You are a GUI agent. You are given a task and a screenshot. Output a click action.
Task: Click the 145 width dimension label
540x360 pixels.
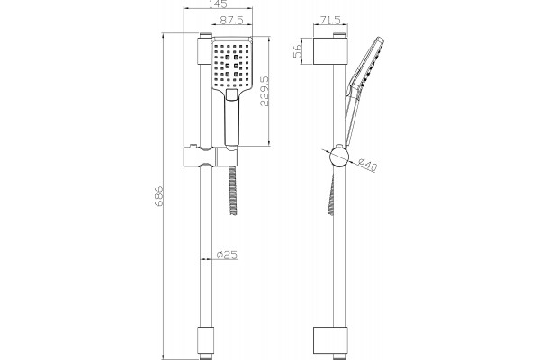coord(218,4)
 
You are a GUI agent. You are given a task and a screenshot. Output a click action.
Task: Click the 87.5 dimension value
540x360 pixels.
coord(231,20)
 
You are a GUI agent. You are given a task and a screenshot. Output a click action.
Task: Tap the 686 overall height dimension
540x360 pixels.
coord(158,196)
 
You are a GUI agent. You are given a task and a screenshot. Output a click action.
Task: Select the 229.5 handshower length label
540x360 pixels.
coord(265,91)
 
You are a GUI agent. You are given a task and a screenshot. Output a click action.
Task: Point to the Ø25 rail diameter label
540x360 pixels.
coord(227,256)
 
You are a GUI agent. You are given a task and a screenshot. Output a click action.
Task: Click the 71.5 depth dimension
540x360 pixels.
coord(330,20)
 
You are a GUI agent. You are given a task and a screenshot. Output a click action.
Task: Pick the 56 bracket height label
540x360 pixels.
coord(297,50)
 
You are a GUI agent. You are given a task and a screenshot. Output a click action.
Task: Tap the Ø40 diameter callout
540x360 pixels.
coord(367,165)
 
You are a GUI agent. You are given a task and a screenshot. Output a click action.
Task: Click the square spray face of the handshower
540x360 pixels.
coord(232,63)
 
